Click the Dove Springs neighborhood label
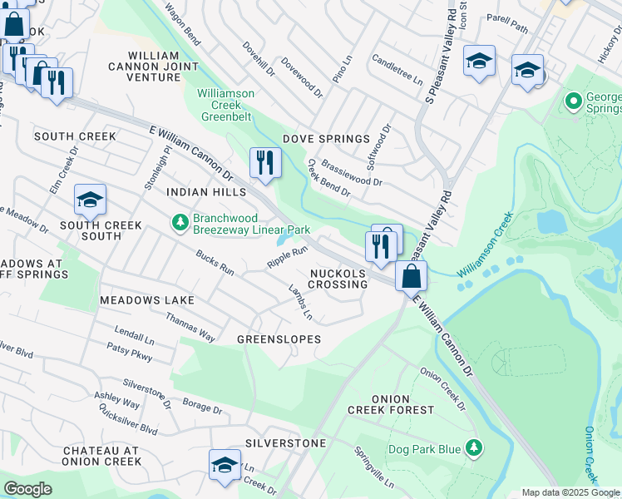click(x=326, y=139)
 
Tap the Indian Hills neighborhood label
click(x=206, y=192)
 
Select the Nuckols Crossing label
click(x=338, y=279)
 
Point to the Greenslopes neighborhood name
click(x=279, y=339)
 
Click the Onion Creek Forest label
click(x=402, y=404)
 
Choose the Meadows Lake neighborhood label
click(x=146, y=299)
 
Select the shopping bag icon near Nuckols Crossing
click(x=411, y=274)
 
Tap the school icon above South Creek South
click(x=90, y=200)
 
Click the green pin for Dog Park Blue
click(x=473, y=449)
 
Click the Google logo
click(x=27, y=489)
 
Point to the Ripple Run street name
click(x=287, y=256)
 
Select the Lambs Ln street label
click(x=300, y=304)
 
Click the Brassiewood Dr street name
click(x=353, y=173)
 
